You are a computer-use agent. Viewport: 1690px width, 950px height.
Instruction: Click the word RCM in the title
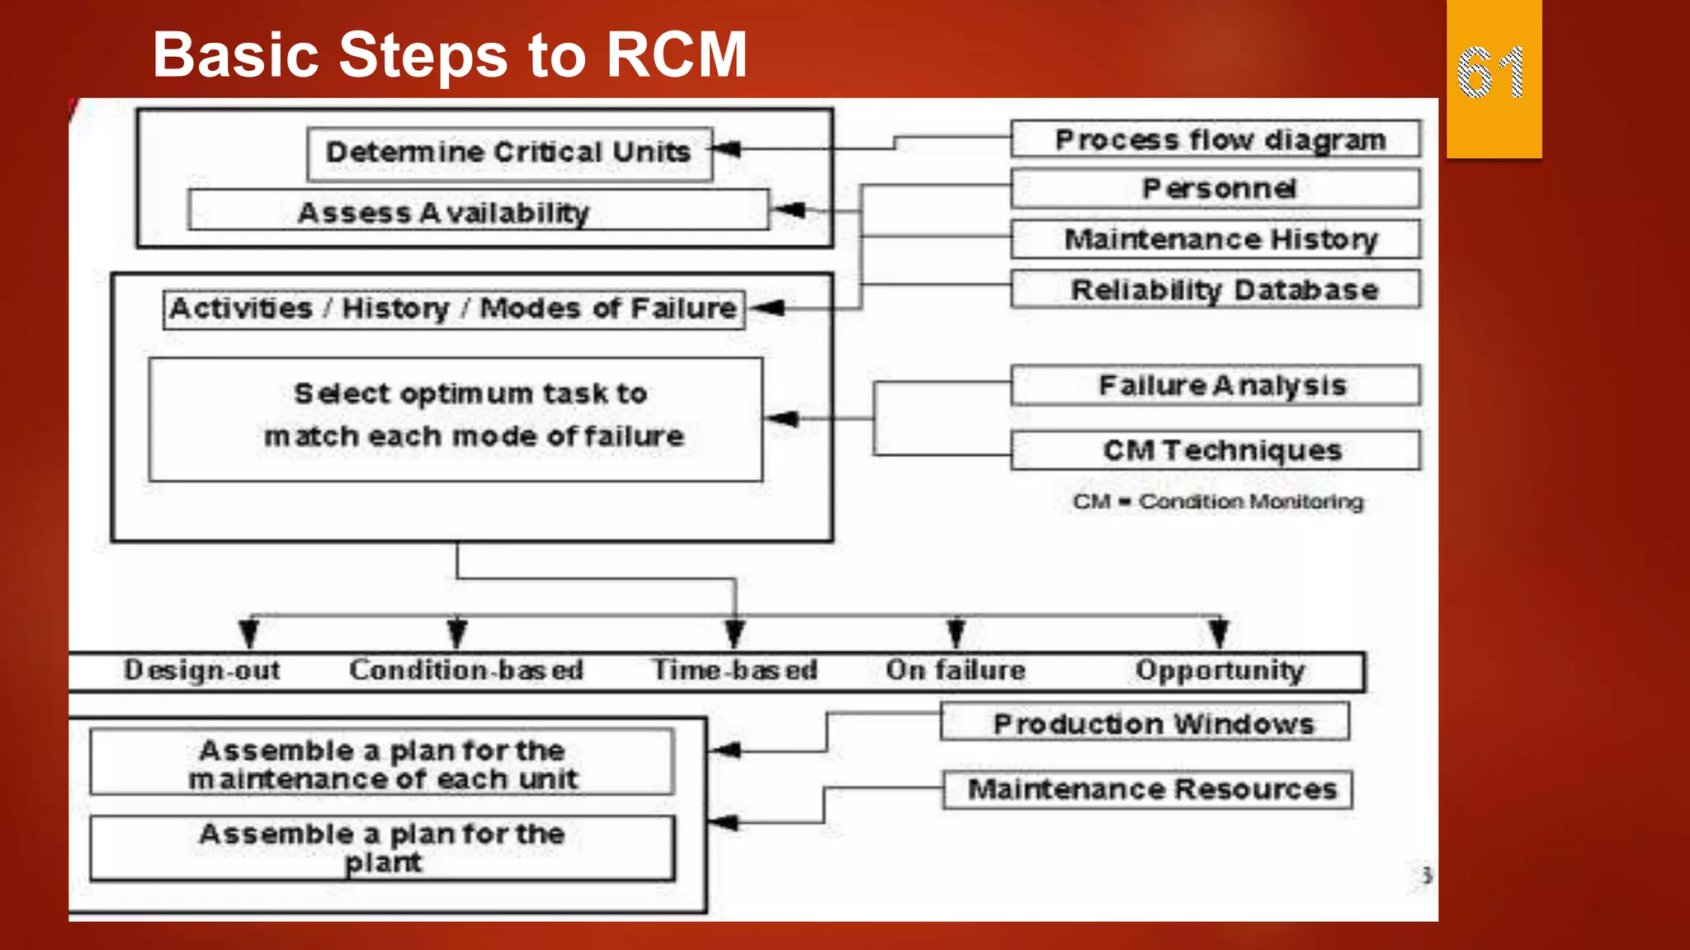[x=677, y=55]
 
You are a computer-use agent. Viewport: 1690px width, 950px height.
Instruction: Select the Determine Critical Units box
[x=509, y=153]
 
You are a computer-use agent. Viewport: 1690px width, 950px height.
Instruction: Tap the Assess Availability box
[x=479, y=212]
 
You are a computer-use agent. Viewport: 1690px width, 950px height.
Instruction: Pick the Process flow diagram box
[x=1216, y=139]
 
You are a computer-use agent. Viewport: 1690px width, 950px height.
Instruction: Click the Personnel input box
[x=1216, y=189]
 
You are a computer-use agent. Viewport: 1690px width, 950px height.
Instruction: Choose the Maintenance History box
[x=1216, y=239]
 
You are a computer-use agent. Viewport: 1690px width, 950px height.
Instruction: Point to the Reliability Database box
[x=1216, y=289]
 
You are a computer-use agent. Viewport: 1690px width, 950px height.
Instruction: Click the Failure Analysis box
[x=1216, y=385]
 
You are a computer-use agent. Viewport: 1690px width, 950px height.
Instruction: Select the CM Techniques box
[x=1216, y=450]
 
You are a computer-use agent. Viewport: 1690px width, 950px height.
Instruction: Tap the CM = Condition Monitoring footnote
[x=1218, y=501]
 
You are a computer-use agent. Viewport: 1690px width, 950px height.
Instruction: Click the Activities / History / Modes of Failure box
[x=454, y=309]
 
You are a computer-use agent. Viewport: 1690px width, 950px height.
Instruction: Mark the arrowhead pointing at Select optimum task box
[x=783, y=419]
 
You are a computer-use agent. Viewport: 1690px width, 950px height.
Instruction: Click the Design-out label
[x=202, y=670]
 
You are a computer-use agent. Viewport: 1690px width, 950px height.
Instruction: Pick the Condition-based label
[x=465, y=670]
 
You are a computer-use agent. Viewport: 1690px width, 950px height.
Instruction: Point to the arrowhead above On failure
[x=956, y=633]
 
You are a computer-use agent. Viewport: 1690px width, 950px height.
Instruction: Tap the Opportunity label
[x=1220, y=670]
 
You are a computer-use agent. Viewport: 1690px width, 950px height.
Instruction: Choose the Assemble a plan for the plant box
[x=382, y=848]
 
